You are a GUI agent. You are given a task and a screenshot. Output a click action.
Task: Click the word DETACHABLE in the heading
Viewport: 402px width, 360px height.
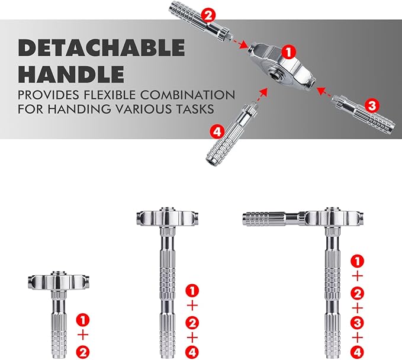pos(101,48)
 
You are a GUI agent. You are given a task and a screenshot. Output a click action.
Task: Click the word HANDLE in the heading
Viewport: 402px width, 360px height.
pos(71,74)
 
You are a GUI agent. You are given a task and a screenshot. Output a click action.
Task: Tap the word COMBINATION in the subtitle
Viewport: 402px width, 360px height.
pos(188,95)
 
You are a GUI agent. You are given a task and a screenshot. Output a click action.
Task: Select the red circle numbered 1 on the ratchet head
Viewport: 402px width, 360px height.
pos(289,52)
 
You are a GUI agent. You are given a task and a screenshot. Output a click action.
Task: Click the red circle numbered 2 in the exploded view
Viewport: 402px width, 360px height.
pos(208,16)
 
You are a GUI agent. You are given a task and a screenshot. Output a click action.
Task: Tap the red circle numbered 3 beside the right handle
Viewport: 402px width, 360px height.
pos(372,105)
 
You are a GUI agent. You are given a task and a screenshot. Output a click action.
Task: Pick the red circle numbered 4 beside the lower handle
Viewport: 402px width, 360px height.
pos(217,132)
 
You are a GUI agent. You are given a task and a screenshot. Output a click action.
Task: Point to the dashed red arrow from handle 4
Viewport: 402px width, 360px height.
pos(262,95)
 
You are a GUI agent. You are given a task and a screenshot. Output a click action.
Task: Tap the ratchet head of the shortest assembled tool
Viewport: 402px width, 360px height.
pos(58,281)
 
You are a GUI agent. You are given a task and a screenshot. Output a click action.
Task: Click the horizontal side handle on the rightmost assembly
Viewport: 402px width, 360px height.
pos(274,220)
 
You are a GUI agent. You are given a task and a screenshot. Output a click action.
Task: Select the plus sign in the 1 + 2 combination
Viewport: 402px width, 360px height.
pos(83,335)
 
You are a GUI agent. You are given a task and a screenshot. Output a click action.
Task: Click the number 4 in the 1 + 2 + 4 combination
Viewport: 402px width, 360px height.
pos(192,352)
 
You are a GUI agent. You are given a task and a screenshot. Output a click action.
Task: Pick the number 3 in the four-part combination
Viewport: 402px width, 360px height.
pos(357,323)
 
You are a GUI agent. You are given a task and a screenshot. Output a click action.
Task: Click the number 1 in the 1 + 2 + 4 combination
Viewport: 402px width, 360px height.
pos(192,291)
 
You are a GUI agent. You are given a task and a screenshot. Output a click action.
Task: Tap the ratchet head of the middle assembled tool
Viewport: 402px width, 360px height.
pos(168,218)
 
